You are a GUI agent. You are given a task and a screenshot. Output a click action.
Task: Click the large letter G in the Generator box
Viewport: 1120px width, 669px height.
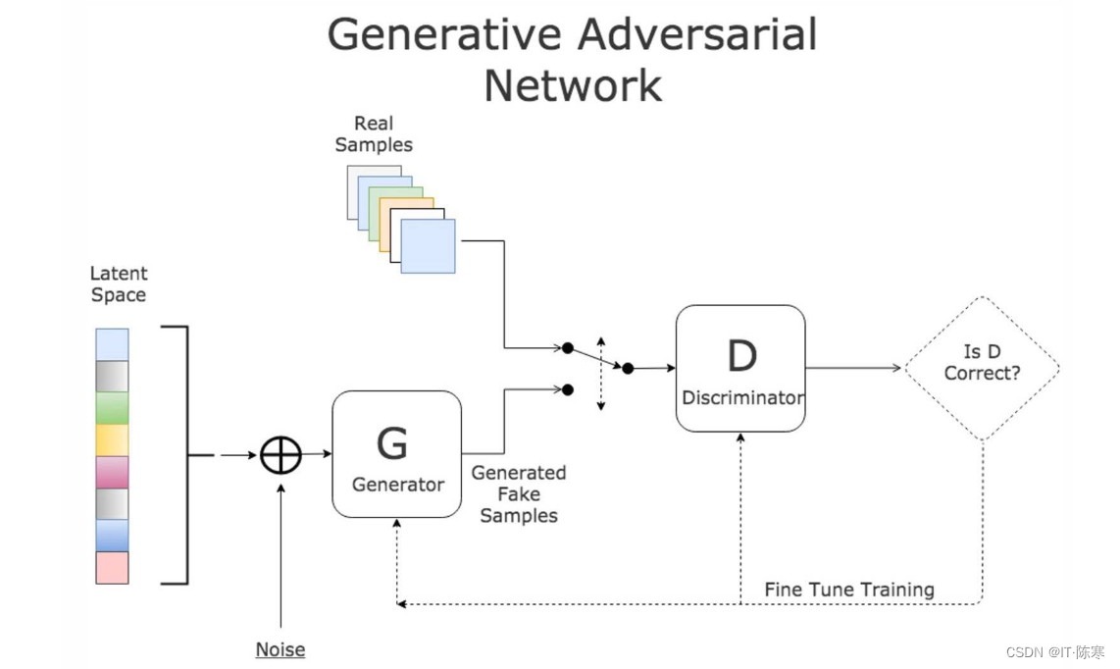(392, 443)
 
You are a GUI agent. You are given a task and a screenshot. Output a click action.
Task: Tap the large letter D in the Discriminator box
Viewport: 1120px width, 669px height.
(741, 357)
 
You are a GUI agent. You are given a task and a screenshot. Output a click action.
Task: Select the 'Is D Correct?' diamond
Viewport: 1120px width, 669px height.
(982, 368)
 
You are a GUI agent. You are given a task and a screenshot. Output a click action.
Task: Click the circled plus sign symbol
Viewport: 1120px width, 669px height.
(280, 455)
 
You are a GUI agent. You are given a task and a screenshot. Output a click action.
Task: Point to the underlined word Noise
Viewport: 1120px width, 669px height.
(280, 649)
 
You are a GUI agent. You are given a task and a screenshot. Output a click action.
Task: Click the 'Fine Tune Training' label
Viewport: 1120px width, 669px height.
(849, 590)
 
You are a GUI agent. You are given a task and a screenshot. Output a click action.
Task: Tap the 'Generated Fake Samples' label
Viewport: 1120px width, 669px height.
(519, 494)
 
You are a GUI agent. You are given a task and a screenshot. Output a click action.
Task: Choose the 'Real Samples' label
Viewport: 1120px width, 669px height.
(374, 134)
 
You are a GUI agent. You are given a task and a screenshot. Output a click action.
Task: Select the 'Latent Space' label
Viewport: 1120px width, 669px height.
(119, 284)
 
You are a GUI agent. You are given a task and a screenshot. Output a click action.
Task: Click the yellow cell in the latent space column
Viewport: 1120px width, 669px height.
(112, 439)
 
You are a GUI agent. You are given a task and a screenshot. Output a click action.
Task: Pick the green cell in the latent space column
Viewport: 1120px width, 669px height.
(112, 408)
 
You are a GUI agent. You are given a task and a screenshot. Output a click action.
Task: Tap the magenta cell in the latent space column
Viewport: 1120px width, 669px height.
(112, 472)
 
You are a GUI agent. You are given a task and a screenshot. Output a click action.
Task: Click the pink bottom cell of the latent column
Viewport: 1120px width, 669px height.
(112, 568)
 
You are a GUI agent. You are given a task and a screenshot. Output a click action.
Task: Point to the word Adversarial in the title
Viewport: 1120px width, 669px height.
(697, 35)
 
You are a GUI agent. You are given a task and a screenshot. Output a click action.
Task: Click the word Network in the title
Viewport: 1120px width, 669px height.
(573, 85)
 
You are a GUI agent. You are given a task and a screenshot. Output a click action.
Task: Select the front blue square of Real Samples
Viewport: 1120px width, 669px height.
(428, 245)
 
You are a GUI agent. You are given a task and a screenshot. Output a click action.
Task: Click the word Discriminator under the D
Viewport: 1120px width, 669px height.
(741, 398)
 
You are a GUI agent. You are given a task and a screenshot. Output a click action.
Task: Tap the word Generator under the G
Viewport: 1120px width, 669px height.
(398, 485)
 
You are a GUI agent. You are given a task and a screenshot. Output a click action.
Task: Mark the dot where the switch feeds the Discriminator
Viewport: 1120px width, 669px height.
(628, 368)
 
